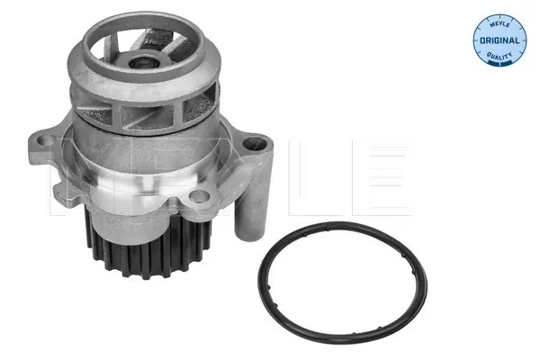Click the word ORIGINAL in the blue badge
tap(499, 40)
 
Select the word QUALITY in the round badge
tap(499, 55)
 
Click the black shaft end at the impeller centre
tap(141, 63)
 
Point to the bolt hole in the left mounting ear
tap(44, 141)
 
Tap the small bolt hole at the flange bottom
tap(199, 196)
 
